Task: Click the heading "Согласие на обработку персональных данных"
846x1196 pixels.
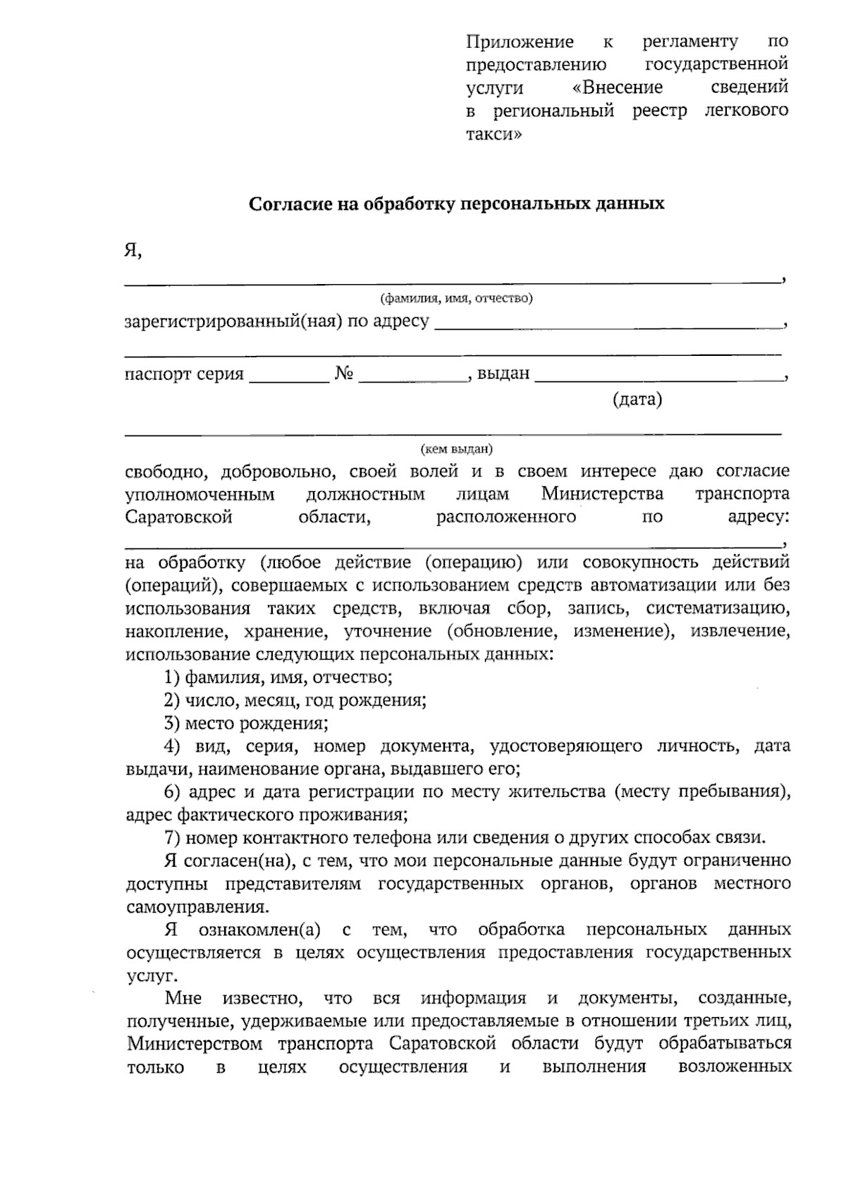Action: tap(456, 204)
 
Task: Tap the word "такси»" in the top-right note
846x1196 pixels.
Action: tap(494, 134)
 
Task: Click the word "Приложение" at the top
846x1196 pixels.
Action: tap(520, 42)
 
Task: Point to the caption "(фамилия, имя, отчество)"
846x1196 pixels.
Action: tap(456, 298)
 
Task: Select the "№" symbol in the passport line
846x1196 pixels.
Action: tap(343, 374)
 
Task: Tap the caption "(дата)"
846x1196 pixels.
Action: tap(637, 400)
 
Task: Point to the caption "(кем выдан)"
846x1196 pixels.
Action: tap(456, 449)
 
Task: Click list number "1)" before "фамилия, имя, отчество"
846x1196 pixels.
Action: tap(171, 678)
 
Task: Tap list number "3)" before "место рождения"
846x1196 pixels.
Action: tap(171, 723)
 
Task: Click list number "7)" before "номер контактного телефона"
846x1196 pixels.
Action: tap(171, 838)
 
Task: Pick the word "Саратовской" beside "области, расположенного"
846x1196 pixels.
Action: tap(179, 517)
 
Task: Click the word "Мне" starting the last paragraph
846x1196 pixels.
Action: tap(183, 999)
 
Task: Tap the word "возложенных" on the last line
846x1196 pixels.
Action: tap(734, 1067)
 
